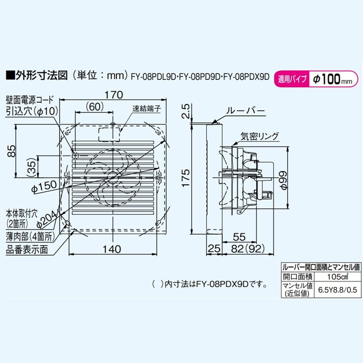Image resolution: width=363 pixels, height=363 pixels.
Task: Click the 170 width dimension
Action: click(x=114, y=95)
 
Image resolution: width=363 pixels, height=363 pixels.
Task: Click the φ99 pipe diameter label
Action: click(x=284, y=178)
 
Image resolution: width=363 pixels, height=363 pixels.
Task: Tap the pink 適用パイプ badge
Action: click(x=292, y=79)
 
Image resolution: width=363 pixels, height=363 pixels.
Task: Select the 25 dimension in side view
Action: click(x=214, y=249)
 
